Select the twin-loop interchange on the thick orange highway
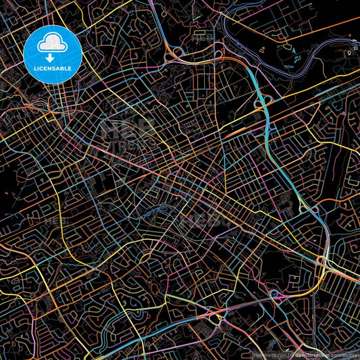coord(177,52)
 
